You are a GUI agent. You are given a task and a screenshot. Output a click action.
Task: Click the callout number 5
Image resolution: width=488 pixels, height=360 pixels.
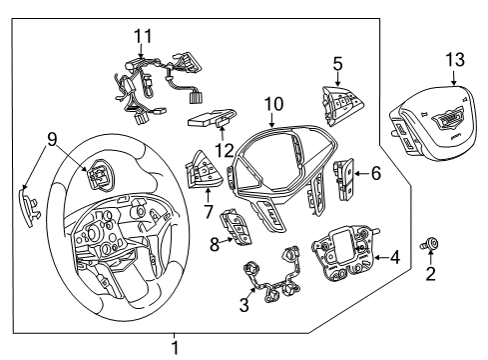(337, 62)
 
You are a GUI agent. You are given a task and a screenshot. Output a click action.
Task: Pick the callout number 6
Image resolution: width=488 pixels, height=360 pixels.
(375, 173)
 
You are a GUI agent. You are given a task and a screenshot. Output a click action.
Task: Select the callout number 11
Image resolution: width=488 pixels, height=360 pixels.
(143, 36)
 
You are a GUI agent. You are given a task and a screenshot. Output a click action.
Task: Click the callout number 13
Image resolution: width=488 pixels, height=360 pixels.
(455, 61)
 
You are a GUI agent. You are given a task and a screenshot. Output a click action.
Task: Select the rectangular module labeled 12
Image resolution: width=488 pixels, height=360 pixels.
(211, 119)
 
